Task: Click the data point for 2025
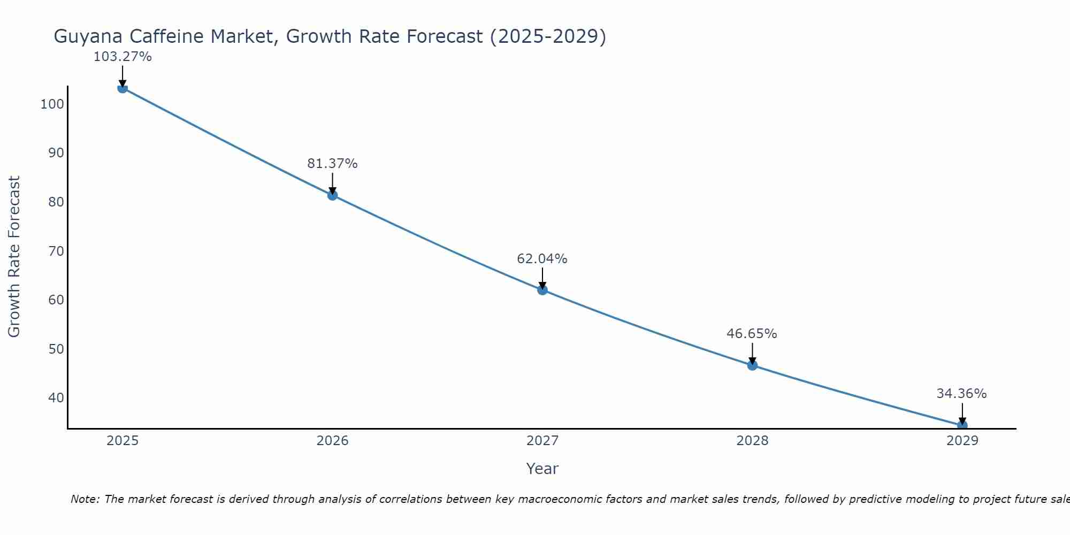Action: pos(123,88)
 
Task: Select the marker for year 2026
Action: pos(332,195)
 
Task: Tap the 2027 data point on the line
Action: pos(542,290)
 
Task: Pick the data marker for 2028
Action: pos(752,365)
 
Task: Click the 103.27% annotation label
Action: pos(123,57)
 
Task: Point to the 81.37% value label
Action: pos(332,164)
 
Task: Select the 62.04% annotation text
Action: pos(542,259)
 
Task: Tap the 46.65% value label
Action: pos(752,334)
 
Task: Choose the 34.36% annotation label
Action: pos(961,394)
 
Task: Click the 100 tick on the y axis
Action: pos(52,104)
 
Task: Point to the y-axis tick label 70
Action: pos(56,251)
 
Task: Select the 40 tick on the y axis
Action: pos(56,398)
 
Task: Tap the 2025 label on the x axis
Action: pos(123,441)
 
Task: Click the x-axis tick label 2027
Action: pos(542,441)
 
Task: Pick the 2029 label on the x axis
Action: pos(962,441)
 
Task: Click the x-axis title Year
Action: pos(542,469)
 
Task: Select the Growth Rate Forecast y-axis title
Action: pos(14,257)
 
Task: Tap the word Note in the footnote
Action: pos(85,499)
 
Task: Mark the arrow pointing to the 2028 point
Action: pos(752,354)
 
